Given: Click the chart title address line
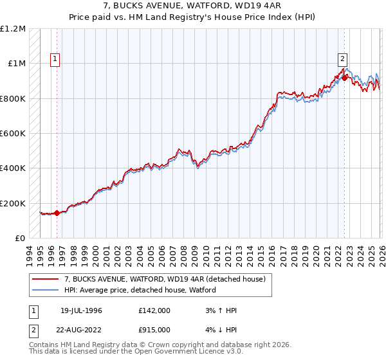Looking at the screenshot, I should (x=193, y=6).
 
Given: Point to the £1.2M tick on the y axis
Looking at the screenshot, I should (x=13, y=29).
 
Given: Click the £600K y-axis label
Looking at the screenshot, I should (x=13, y=134).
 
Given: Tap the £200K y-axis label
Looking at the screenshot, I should (x=13, y=203).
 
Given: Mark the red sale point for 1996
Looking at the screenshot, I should (x=57, y=213).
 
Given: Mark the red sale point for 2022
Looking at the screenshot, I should (x=344, y=78).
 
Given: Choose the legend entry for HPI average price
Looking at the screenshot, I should (x=140, y=290).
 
